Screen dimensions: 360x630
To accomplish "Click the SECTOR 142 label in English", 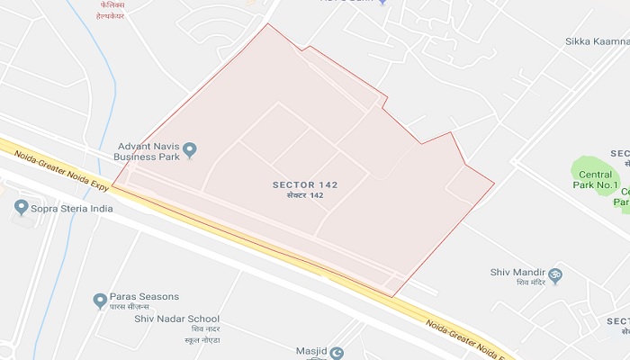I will pyautogui.click(x=305, y=184).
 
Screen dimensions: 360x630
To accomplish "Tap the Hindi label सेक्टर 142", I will pyautogui.click(x=305, y=195).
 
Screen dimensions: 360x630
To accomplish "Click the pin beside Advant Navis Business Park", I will pyautogui.click(x=190, y=149).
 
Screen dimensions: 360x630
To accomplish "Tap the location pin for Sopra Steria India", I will pyautogui.click(x=21, y=207).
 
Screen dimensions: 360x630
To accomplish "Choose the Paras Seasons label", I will pyautogui.click(x=144, y=297).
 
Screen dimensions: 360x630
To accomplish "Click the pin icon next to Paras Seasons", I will pyautogui.click(x=100, y=301).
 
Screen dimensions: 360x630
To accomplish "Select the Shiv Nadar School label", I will pyautogui.click(x=176, y=319).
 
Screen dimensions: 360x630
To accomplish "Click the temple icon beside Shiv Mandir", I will pyautogui.click(x=555, y=274).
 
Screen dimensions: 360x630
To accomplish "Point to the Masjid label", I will pyautogui.click(x=310, y=352).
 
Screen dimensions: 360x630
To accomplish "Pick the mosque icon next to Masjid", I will pyautogui.click(x=337, y=353).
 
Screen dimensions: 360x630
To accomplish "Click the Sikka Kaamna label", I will pyautogui.click(x=596, y=41).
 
